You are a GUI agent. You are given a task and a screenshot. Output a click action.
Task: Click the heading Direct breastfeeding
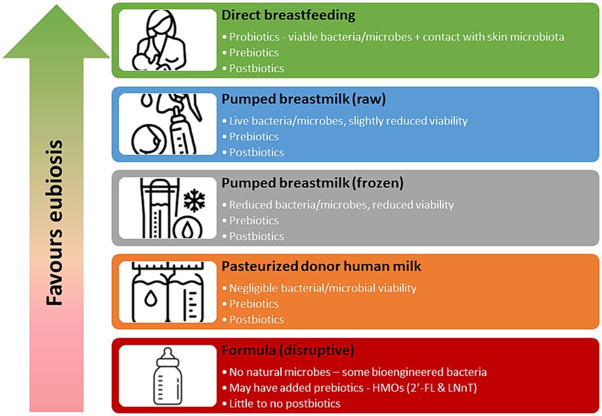pos(288,15)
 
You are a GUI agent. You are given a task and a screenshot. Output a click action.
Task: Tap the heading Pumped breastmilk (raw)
pos(304,99)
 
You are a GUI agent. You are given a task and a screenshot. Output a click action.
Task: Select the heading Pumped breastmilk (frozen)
pos(312,183)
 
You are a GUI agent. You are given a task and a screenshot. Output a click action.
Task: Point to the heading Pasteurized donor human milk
pos(321,266)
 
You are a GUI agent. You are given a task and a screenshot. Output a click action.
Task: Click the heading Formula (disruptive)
pos(288,350)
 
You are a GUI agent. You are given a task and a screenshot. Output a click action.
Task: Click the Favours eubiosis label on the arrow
pos(55,223)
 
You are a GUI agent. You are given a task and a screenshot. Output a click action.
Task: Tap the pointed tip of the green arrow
pos(56,5)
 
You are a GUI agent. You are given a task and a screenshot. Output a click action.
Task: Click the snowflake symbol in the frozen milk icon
pos(194,200)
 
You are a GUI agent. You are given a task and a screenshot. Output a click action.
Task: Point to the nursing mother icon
pos(159,40)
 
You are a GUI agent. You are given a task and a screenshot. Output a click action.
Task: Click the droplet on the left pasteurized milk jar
pos(151,298)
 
